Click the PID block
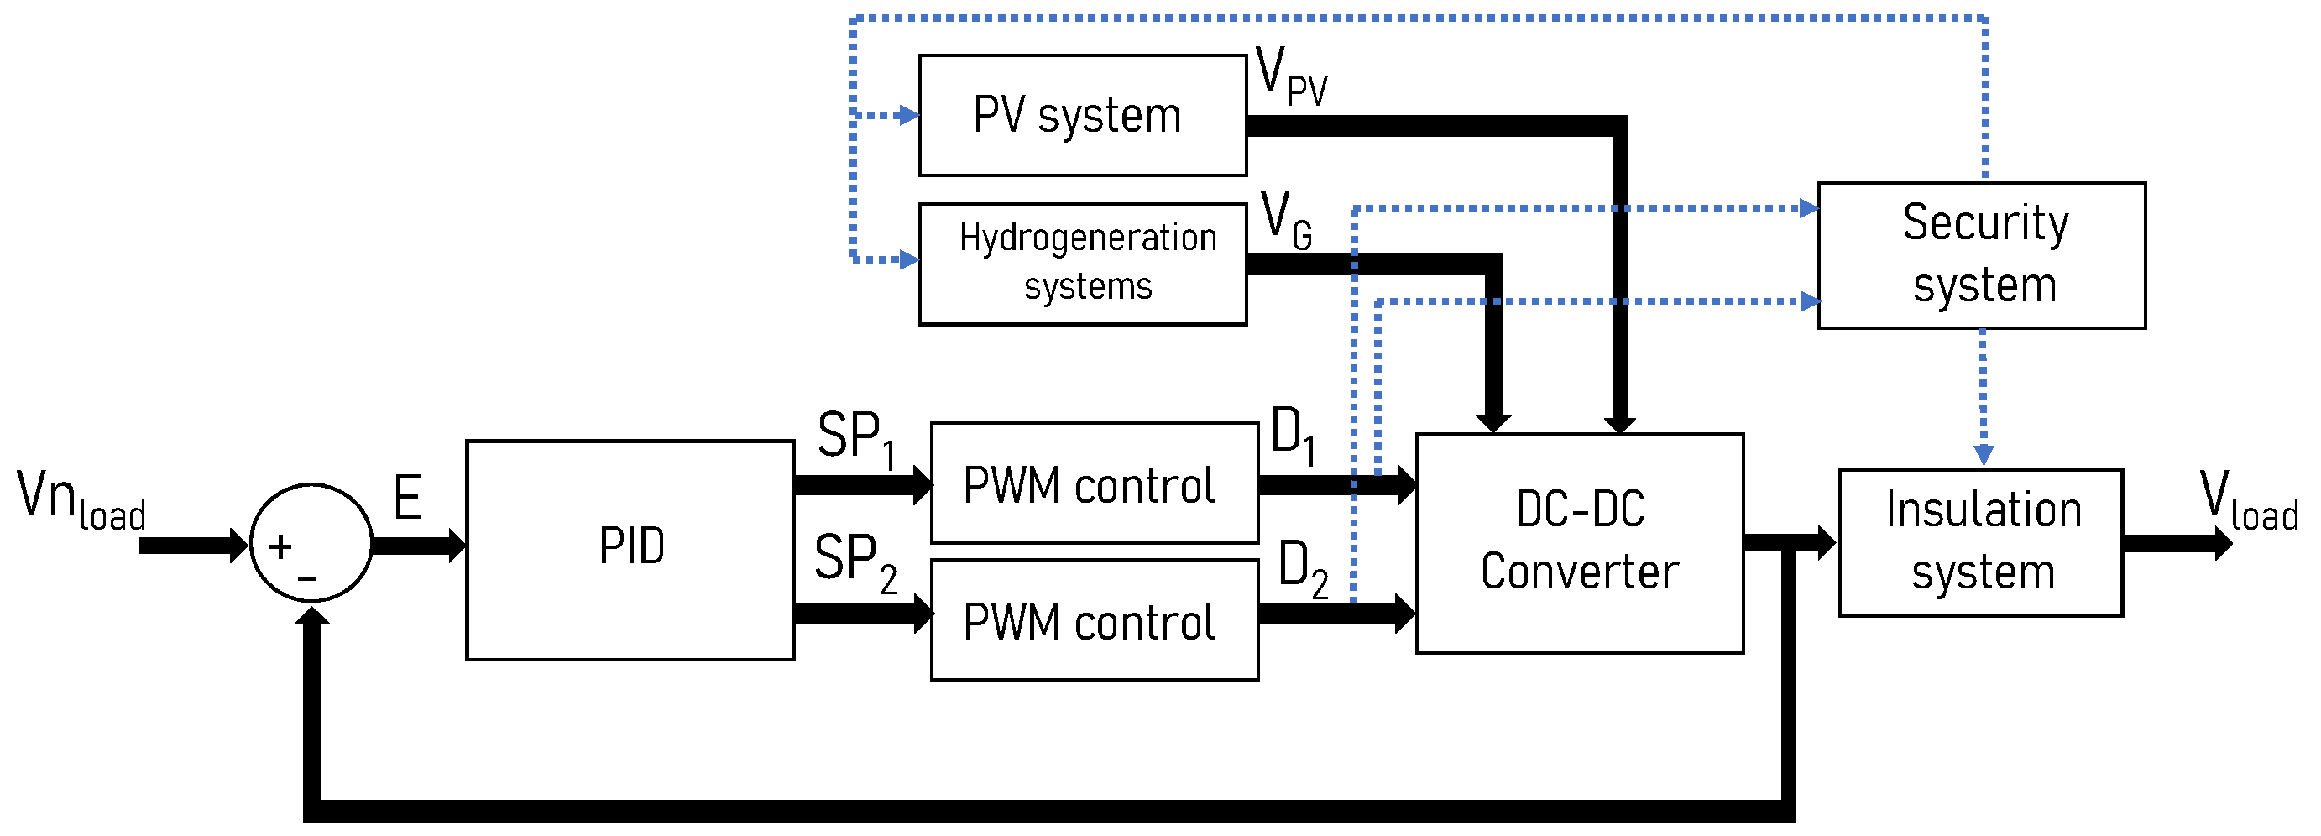(x=630, y=551)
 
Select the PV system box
(x=1082, y=115)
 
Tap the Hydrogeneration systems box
(x=1082, y=263)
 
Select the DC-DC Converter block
(x=1579, y=542)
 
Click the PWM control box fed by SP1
(x=1094, y=483)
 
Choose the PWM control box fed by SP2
(x=1094, y=619)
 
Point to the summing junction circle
(x=311, y=543)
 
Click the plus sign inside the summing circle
(x=280, y=546)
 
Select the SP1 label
(x=856, y=439)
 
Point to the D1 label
(x=1292, y=434)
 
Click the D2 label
(x=1302, y=568)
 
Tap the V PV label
(x=1290, y=76)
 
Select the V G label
(x=1286, y=220)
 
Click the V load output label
(x=2247, y=500)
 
